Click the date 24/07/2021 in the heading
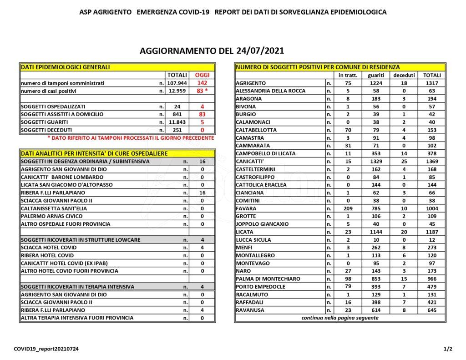261,50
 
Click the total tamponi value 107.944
177,83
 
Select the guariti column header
376,75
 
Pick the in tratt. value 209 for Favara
348,208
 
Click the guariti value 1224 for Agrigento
376,83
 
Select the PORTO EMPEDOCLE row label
260,287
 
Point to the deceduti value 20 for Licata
402,232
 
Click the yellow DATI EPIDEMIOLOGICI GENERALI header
66,67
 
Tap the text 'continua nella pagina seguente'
339,318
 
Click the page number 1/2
448,349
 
